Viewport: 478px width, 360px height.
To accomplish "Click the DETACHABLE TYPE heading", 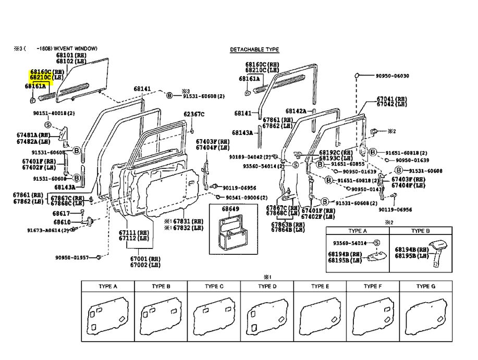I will (254, 49).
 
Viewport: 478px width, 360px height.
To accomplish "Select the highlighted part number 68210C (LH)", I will (46, 77).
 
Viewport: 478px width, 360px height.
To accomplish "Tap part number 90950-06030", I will (392, 76).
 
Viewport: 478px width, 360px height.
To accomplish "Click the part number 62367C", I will (194, 114).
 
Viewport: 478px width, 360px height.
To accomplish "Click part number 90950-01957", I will (72, 257).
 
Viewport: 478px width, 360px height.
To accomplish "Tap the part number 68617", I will (61, 213).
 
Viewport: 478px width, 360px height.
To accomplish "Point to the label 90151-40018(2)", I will (54, 113).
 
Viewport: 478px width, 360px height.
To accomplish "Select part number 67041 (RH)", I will (391, 98).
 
